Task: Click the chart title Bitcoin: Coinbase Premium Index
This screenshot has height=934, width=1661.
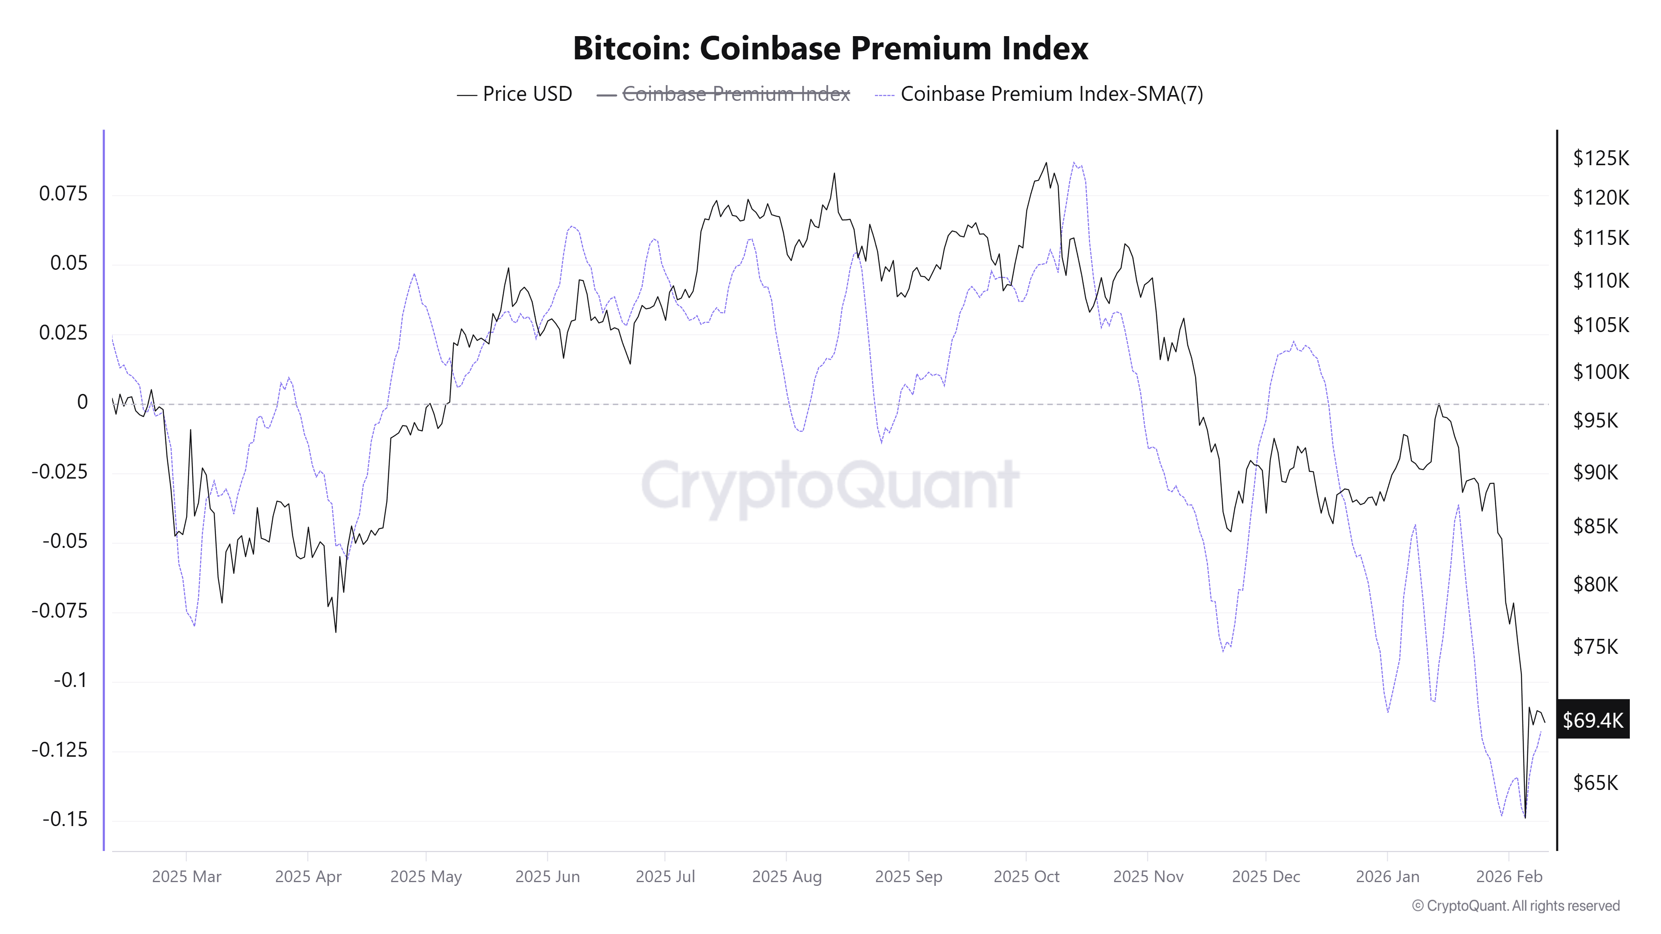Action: click(830, 48)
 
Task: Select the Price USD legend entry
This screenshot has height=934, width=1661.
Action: click(514, 94)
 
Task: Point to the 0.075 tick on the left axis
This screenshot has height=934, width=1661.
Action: click(63, 193)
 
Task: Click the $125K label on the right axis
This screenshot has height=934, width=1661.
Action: click(1600, 158)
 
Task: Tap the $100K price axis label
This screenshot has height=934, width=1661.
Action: click(1600, 372)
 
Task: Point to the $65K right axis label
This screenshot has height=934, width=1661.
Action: click(1595, 782)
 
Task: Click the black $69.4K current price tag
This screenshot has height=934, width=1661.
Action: click(1592, 719)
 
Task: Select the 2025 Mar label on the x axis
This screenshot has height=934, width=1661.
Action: click(186, 877)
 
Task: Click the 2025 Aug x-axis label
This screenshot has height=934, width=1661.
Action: click(786, 877)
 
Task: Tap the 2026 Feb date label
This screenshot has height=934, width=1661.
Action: click(1509, 877)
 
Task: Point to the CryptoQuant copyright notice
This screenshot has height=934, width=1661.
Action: click(1515, 906)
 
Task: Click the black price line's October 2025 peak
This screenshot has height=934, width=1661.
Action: click(1046, 163)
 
